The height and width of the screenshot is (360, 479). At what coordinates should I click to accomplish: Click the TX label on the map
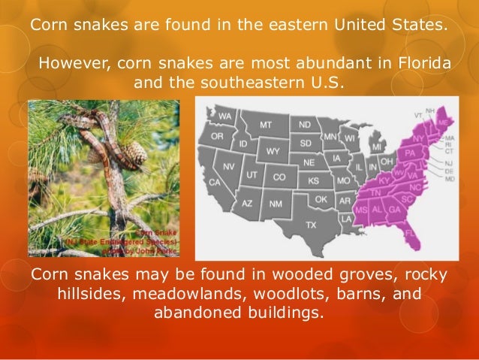[x=311, y=225]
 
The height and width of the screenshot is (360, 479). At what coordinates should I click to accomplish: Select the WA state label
[x=225, y=116]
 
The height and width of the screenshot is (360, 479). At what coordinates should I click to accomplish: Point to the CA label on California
[x=215, y=183]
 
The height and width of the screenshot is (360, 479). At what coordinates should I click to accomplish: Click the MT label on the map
[x=266, y=123]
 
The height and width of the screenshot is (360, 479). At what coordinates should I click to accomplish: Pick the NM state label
[x=276, y=204]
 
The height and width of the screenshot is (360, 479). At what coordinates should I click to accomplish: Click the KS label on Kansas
[x=313, y=181]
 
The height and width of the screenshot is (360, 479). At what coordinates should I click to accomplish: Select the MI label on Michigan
[x=377, y=145]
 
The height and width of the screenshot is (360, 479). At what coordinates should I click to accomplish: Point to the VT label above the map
[x=418, y=116]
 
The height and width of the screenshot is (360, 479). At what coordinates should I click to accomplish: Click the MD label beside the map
[x=449, y=180]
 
